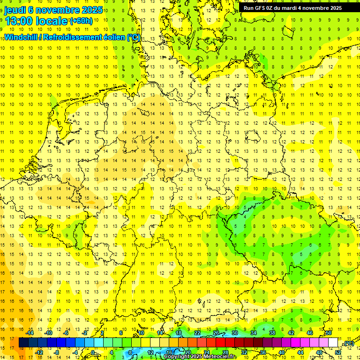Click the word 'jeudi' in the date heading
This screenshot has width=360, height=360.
point(15,9)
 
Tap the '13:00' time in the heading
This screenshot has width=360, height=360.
point(19,21)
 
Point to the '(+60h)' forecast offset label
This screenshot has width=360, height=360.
point(81,21)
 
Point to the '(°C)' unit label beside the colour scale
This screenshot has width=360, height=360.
point(349,344)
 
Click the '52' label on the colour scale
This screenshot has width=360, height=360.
point(338,352)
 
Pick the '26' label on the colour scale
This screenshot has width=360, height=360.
point(216,333)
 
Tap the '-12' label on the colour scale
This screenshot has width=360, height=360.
point(40,352)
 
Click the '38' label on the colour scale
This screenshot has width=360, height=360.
point(272,333)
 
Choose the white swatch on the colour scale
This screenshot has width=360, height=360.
point(333,342)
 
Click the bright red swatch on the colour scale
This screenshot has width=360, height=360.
point(220,342)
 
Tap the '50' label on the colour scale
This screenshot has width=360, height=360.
point(329,333)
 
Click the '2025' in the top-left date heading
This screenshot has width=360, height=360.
point(88,9)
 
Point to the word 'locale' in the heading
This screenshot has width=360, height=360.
point(51,21)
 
